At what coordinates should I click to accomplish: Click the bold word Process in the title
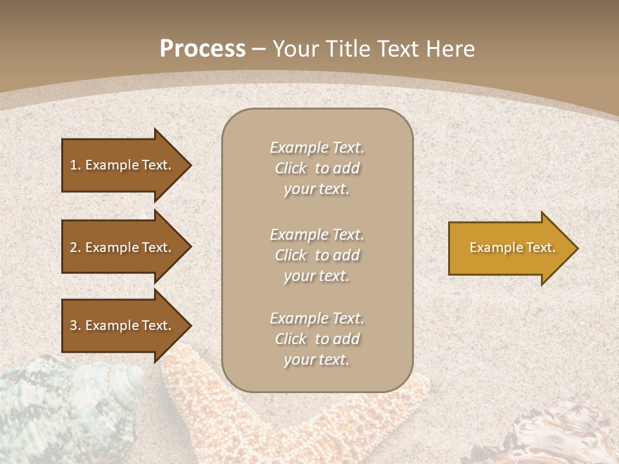(202, 49)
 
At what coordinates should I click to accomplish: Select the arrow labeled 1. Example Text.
(123, 165)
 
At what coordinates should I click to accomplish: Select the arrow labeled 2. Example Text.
(123, 247)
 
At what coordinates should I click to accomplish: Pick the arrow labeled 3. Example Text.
(123, 325)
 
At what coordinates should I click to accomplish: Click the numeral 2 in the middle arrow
(73, 247)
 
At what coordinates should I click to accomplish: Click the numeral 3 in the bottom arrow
(73, 325)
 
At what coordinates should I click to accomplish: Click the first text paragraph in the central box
(317, 168)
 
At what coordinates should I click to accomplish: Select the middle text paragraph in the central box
(317, 255)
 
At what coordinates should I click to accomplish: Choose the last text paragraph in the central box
(317, 339)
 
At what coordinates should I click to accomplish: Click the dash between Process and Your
(259, 49)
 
